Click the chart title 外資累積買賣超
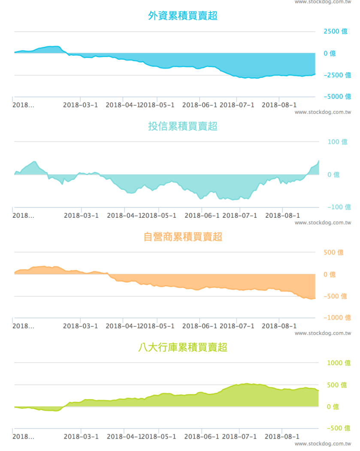click(x=183, y=16)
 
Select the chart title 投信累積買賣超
click(x=183, y=126)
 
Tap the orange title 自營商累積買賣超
click(x=183, y=237)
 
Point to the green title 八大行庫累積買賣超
click(x=183, y=347)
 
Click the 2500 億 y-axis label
click(x=336, y=32)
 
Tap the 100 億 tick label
click(x=338, y=142)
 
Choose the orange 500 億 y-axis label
click(x=335, y=253)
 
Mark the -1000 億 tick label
click(x=337, y=318)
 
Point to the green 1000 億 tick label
click(x=339, y=363)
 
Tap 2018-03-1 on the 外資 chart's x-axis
click(x=80, y=105)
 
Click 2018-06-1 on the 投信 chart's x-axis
click(x=202, y=215)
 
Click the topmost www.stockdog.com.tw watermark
click(x=323, y=2)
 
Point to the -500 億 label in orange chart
click(x=336, y=296)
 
